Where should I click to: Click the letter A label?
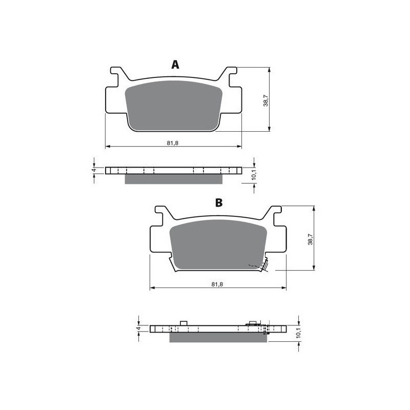[175, 65]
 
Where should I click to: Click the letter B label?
[219, 203]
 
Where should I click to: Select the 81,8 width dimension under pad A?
[172, 142]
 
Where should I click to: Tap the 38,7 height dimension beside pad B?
[310, 239]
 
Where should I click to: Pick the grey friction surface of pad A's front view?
[173, 105]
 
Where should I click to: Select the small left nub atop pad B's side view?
[182, 323]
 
